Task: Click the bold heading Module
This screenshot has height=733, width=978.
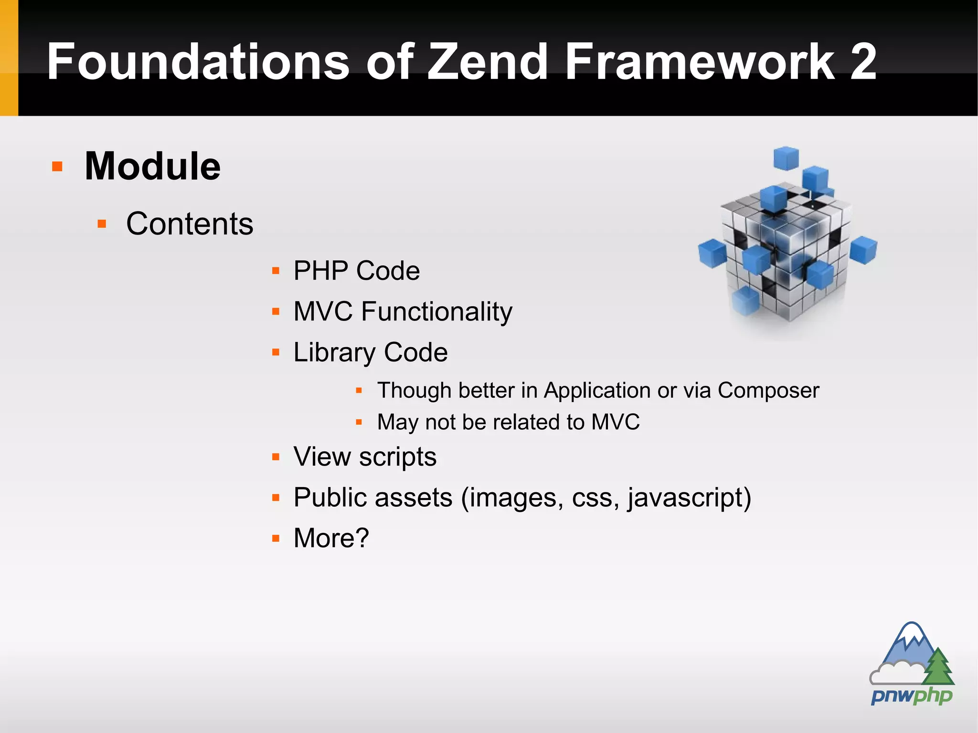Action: click(x=152, y=166)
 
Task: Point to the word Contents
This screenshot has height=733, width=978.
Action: click(x=190, y=223)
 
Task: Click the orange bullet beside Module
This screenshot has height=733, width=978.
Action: click(x=57, y=167)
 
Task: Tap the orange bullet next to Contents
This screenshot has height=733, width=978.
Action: click(x=102, y=223)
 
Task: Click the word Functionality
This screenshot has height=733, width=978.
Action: click(x=436, y=312)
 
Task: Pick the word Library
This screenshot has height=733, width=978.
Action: click(x=334, y=352)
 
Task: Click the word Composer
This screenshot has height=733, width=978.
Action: click(x=768, y=391)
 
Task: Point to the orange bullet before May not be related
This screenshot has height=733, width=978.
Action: click(x=359, y=422)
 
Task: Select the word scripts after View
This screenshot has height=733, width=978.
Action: click(x=397, y=457)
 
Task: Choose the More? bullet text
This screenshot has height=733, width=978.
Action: click(x=331, y=538)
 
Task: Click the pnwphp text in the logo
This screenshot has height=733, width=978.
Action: click(x=911, y=696)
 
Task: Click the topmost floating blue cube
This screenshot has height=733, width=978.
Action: click(x=786, y=158)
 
